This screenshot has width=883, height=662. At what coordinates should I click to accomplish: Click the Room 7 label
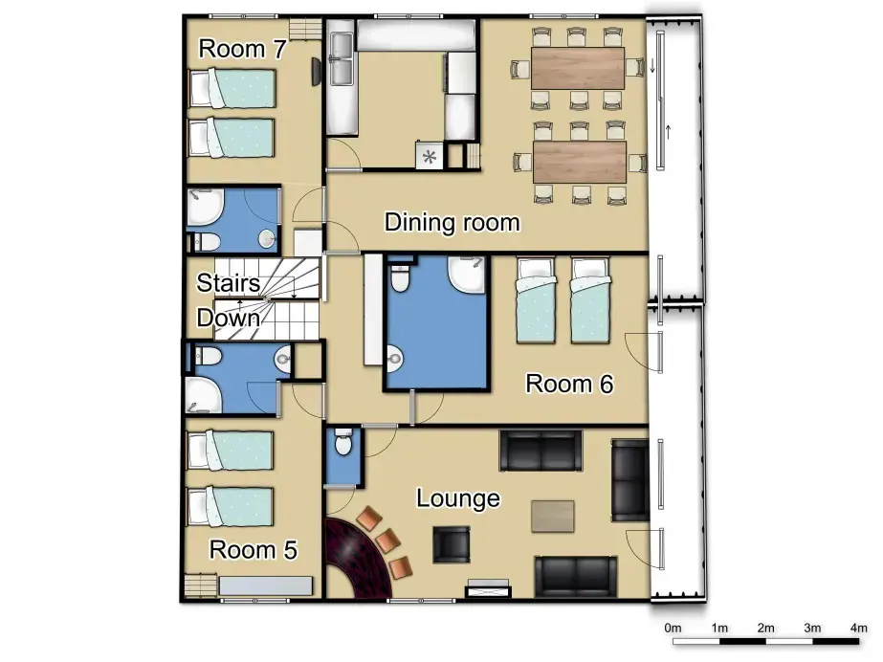(241, 50)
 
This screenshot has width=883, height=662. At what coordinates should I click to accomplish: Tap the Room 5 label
(253, 550)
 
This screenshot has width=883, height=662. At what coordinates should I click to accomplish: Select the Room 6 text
(569, 385)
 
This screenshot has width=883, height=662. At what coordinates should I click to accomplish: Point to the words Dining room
(452, 223)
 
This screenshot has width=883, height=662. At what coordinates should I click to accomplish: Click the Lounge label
(457, 498)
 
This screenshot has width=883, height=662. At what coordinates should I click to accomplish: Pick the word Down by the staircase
(229, 319)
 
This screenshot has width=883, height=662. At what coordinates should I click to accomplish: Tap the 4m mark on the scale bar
(858, 628)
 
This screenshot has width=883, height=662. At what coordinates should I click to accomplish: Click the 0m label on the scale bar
(673, 628)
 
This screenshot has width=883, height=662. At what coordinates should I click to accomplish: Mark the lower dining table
(577, 162)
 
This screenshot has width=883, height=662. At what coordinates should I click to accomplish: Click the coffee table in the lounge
(553, 517)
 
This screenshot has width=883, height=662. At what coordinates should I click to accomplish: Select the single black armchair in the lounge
(451, 545)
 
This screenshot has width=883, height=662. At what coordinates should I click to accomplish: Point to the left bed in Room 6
(536, 298)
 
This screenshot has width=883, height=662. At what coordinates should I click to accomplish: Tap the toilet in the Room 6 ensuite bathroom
(400, 277)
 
